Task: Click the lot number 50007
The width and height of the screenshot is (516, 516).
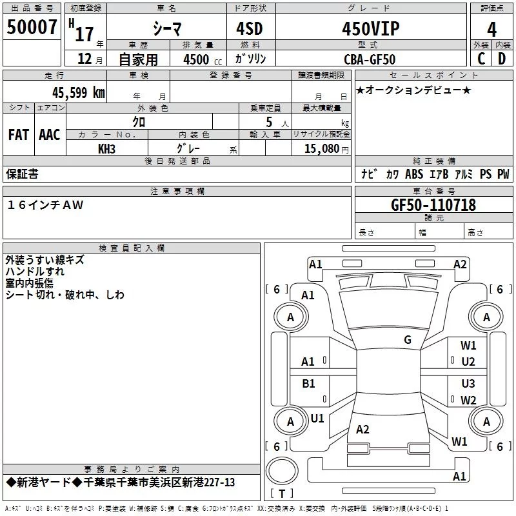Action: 31,27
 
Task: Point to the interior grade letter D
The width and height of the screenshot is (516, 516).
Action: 502,59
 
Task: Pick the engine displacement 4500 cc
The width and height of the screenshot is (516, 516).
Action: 197,59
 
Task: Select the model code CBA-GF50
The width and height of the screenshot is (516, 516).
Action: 370,59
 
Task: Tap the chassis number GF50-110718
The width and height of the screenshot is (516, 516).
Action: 433,205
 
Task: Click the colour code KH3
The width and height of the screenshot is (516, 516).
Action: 106,148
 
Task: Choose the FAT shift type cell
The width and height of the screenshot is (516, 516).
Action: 19,134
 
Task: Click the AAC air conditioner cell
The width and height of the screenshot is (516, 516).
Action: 50,134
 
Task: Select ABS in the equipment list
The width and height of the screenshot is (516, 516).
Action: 414,174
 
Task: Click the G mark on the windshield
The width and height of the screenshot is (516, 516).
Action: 407,340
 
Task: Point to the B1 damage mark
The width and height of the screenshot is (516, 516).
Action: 308,384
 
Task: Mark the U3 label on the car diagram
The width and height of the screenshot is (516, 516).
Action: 468,384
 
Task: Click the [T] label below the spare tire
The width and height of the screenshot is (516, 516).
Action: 282,493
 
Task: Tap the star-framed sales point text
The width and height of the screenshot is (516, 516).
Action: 413,90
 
